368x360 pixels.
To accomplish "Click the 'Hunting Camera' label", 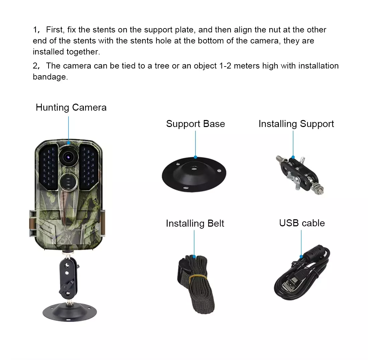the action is [x=71, y=108].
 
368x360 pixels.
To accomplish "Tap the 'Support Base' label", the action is [x=195, y=124].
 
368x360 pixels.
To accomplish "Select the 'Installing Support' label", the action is [x=296, y=124].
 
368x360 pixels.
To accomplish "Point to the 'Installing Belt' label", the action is [x=195, y=224].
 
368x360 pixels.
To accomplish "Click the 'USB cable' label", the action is [x=302, y=223].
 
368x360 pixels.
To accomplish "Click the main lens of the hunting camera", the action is [x=68, y=157].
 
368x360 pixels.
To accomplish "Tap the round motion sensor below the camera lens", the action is [x=68, y=182].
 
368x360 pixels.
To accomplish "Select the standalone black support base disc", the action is [x=194, y=174].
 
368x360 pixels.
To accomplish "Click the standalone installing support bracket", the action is [x=300, y=174].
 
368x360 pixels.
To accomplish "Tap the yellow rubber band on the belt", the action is [x=198, y=277].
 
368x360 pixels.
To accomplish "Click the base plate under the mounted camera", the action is [x=70, y=312].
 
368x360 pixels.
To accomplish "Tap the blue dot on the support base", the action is [x=195, y=157].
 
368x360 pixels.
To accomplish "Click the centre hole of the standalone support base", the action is [x=194, y=168].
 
